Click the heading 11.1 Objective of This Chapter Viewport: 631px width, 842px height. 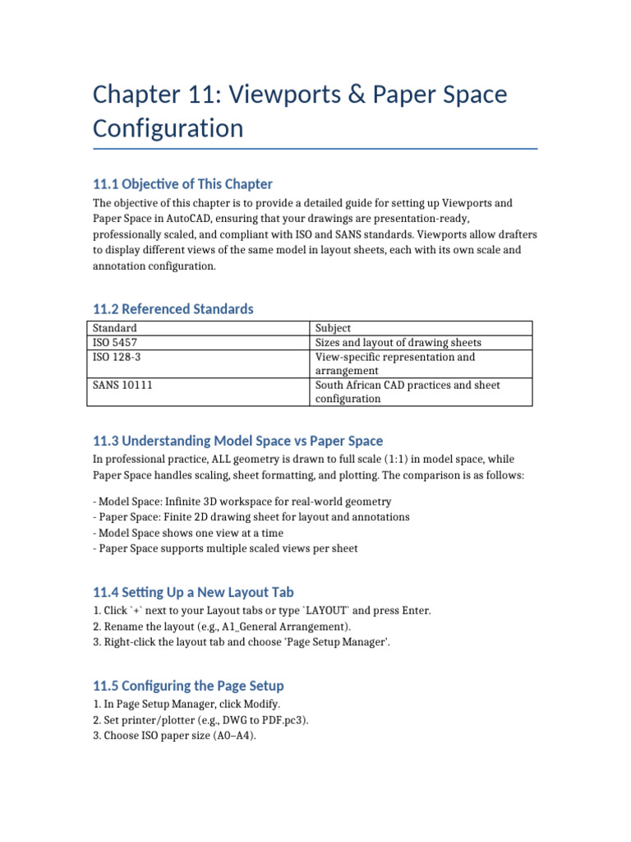point(182,183)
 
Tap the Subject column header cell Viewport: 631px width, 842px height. point(333,327)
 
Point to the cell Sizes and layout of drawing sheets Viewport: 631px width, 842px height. point(398,342)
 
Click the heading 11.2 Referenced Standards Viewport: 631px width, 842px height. point(173,309)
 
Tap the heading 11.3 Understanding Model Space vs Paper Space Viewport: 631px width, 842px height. point(237,441)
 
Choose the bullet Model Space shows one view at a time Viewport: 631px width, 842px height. point(188,533)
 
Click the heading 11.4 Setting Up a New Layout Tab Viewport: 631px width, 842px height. point(193,592)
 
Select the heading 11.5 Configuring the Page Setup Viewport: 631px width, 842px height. point(188,686)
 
